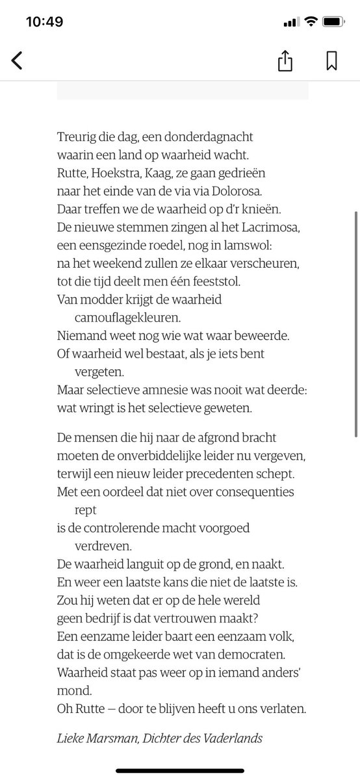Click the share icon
click(285, 61)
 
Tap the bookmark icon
click(331, 60)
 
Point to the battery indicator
click(333, 22)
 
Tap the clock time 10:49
click(44, 22)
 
